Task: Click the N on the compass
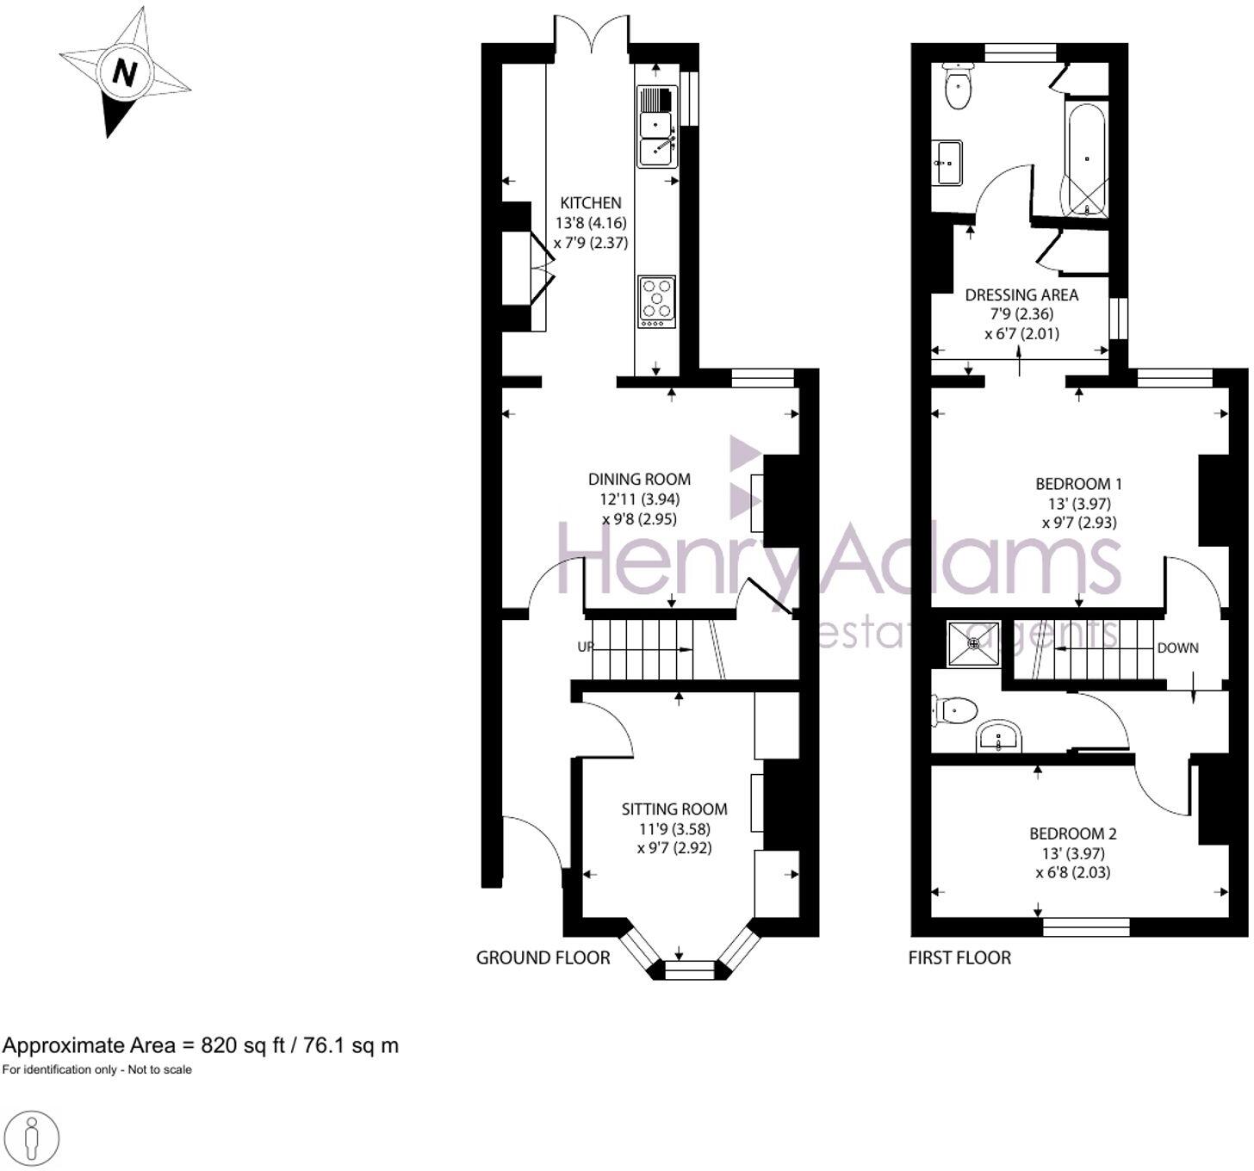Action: [x=126, y=72]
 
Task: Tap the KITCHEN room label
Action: [x=591, y=203]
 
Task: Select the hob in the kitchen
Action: [x=656, y=301]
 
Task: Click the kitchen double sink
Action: [x=657, y=127]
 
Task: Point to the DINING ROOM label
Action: [x=639, y=480]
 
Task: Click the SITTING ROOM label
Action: [x=674, y=809]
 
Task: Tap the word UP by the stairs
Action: [x=585, y=647]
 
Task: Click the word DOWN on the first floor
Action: [x=1177, y=647]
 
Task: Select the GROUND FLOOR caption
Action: [x=543, y=957]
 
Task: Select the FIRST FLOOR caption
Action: [x=959, y=957]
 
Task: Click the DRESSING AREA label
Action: [x=1021, y=294]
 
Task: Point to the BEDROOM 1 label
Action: [x=1078, y=484]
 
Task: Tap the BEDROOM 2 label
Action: [x=1073, y=833]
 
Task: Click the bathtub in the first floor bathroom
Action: [x=1087, y=161]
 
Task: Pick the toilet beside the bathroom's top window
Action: [x=958, y=86]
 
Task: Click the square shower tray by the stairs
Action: [x=973, y=644]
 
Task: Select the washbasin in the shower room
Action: [x=999, y=737]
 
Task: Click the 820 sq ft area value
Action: [x=231, y=1045]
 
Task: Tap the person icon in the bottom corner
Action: [x=33, y=1138]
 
